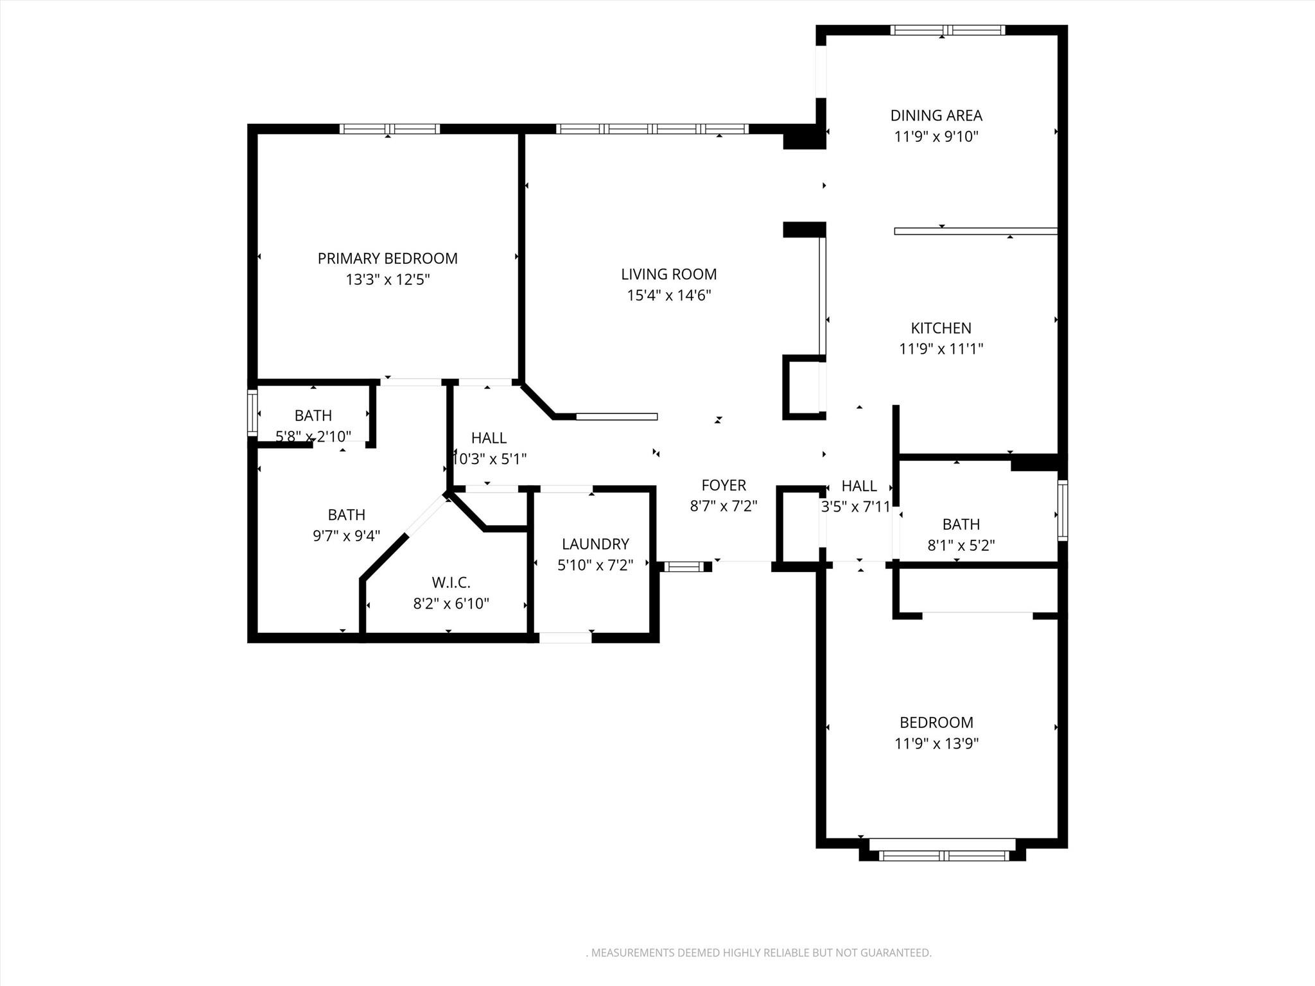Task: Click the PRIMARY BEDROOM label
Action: click(x=387, y=259)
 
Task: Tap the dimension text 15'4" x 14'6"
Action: click(x=669, y=295)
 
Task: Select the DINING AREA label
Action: click(x=936, y=116)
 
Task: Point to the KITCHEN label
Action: click(x=941, y=328)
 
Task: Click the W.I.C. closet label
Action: click(x=451, y=582)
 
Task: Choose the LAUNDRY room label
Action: click(x=595, y=544)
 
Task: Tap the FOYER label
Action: click(x=724, y=485)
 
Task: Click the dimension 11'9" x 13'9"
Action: click(x=936, y=743)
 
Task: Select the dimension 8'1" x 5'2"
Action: click(x=961, y=545)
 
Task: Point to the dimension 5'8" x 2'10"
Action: click(x=313, y=437)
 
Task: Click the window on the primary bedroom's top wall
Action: click(x=389, y=129)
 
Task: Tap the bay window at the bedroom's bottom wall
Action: click(x=944, y=855)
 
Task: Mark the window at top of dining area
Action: click(x=947, y=30)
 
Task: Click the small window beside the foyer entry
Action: click(x=683, y=567)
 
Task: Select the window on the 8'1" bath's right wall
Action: click(x=1063, y=510)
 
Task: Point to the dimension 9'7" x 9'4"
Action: click(x=346, y=535)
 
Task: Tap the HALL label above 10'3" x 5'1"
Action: click(x=489, y=438)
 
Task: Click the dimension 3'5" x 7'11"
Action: click(x=856, y=506)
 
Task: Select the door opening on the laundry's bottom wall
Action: click(x=565, y=637)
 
